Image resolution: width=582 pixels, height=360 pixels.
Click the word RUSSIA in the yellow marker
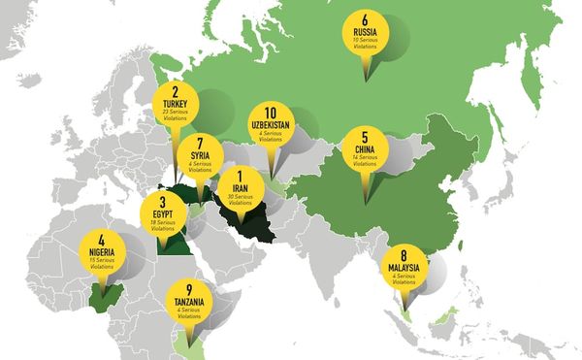pyautogui.click(x=366, y=32)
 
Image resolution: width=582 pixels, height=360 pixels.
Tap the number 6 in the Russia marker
pyautogui.click(x=366, y=19)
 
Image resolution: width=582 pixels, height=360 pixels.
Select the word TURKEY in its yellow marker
pyautogui.click(x=177, y=103)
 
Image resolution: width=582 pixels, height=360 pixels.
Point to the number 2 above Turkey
pyautogui.click(x=177, y=91)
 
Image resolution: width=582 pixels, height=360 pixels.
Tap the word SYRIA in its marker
pyautogui.click(x=201, y=155)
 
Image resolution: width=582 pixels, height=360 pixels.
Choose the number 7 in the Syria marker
pyautogui.click(x=201, y=143)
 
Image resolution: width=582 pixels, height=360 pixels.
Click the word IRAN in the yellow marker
pyautogui.click(x=239, y=188)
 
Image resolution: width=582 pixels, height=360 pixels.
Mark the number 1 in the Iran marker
pyautogui.click(x=239, y=176)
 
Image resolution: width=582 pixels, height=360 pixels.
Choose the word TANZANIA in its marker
pyautogui.click(x=189, y=300)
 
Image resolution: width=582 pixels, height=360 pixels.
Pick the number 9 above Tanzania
pyautogui.click(x=189, y=287)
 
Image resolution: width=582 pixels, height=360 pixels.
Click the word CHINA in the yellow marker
pyautogui.click(x=365, y=151)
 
